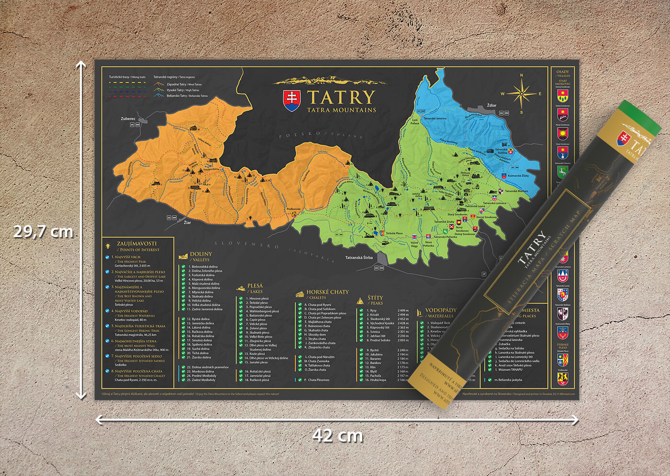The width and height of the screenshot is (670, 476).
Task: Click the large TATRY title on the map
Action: click(x=341, y=97)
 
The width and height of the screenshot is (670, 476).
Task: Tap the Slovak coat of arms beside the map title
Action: click(x=292, y=100)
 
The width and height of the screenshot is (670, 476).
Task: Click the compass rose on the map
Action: click(x=521, y=94)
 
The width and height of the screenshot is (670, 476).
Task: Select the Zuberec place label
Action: click(x=128, y=119)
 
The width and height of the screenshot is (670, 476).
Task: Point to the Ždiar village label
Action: click(x=491, y=105)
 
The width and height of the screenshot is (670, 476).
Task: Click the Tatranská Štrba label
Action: click(x=359, y=258)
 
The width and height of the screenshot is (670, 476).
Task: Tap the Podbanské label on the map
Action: click(x=293, y=209)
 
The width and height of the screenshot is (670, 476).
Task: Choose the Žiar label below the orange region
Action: click(x=187, y=222)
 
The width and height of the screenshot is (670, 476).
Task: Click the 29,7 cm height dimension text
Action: click(x=43, y=231)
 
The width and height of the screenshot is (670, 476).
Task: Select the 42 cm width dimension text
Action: click(x=337, y=435)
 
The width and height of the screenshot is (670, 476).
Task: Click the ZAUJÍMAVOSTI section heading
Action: click(x=136, y=244)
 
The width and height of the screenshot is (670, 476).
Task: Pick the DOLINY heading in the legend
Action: click(x=201, y=254)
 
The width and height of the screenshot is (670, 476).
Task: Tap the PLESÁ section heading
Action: click(x=255, y=286)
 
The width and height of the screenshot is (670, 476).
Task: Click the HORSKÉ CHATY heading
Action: click(x=327, y=292)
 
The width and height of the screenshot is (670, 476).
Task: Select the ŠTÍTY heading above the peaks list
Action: click(x=375, y=298)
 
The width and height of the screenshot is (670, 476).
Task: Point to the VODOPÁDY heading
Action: click(x=440, y=310)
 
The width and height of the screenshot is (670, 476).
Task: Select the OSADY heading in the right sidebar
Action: click(x=563, y=72)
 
